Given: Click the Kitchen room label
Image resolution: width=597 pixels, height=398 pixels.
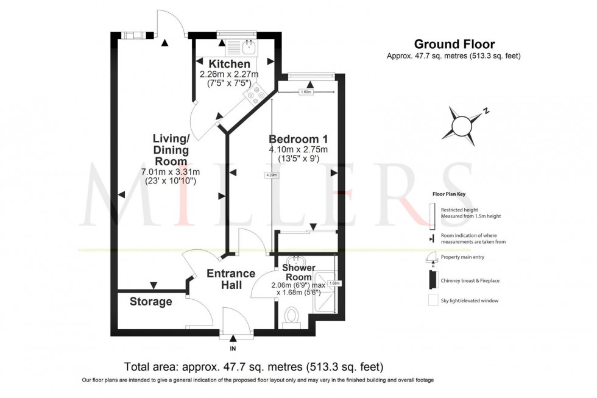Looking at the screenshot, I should pyautogui.click(x=229, y=64).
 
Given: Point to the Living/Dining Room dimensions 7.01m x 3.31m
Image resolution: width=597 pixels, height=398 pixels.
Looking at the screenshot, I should pyautogui.click(x=171, y=172).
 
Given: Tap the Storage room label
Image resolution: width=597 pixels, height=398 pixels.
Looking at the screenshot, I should pyautogui.click(x=150, y=302).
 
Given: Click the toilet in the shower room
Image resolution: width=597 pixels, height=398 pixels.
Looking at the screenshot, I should pyautogui.click(x=291, y=316).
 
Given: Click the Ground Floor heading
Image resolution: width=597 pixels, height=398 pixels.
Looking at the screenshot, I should pyautogui.click(x=454, y=44).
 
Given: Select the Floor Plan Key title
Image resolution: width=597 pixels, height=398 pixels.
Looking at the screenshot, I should pyautogui.click(x=448, y=193).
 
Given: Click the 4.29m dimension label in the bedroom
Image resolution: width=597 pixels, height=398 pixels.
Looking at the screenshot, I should pyautogui.click(x=272, y=176).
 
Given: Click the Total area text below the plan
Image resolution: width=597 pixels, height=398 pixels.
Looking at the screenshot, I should pyautogui.click(x=253, y=367).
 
